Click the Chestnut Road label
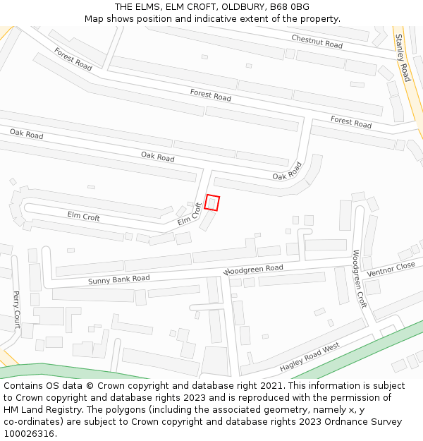[x=317, y=42]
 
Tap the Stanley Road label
[x=402, y=58]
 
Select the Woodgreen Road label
[x=253, y=270]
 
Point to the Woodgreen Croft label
[x=360, y=279]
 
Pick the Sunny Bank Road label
[x=118, y=280]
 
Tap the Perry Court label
[x=16, y=310]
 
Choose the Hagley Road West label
[x=309, y=357]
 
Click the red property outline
[x=212, y=203]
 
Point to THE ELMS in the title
[x=137, y=6]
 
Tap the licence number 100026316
[x=29, y=434]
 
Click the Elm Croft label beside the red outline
[x=190, y=215]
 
